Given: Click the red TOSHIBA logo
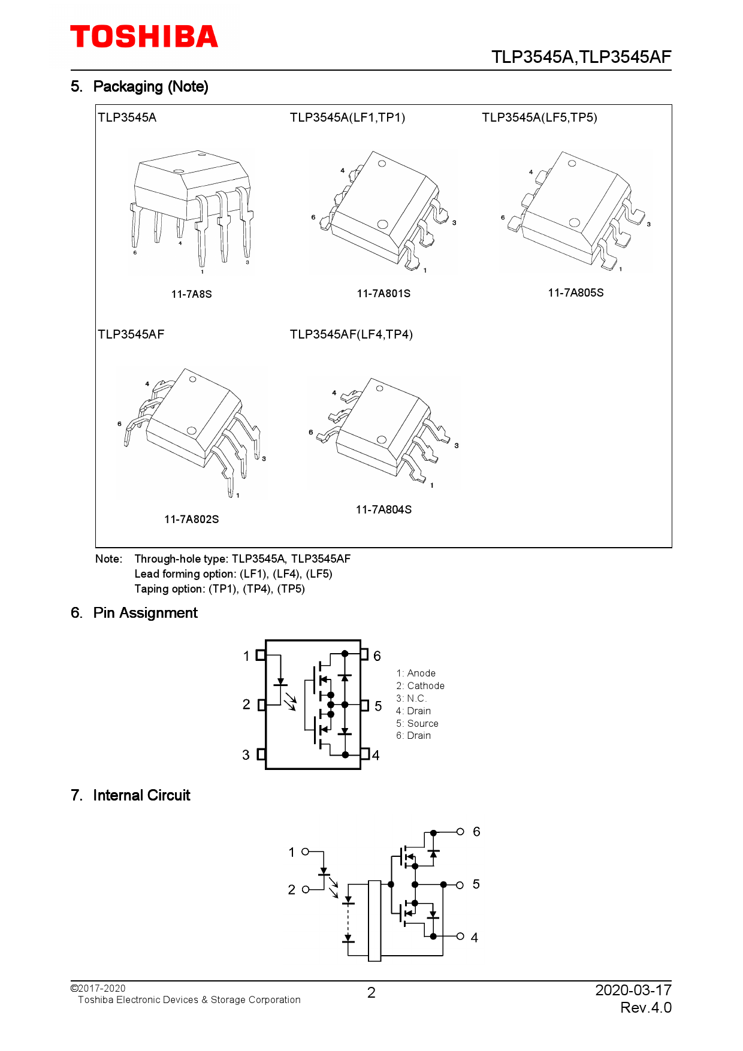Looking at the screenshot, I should point(144,37).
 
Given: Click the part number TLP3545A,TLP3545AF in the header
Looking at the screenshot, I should point(581,57).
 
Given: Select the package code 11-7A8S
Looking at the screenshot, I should point(191,294).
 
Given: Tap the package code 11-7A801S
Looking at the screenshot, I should point(383,294).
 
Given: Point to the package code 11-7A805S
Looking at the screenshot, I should point(575,293).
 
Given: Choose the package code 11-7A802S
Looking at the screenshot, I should point(191,520).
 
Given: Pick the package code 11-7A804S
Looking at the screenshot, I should point(383,510).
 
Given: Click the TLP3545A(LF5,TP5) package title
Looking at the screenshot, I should point(539,117).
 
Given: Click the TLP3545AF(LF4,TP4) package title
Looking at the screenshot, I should point(351,334).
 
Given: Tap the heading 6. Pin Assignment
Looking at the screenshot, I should point(134,613).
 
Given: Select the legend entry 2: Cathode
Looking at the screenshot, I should point(420,686).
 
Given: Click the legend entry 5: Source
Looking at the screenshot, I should point(417,724).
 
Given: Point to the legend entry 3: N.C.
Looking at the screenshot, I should point(411,699).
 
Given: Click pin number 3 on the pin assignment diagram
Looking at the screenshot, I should point(246,755).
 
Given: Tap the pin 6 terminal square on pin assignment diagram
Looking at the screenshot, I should point(364,654).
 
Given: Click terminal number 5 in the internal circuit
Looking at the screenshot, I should point(476,884).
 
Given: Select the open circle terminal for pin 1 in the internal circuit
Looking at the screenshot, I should point(305,851).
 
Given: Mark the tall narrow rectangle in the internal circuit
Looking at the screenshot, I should point(374,920).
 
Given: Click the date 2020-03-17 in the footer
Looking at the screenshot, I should point(633,990).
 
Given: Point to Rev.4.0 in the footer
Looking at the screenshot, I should point(645,1008).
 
